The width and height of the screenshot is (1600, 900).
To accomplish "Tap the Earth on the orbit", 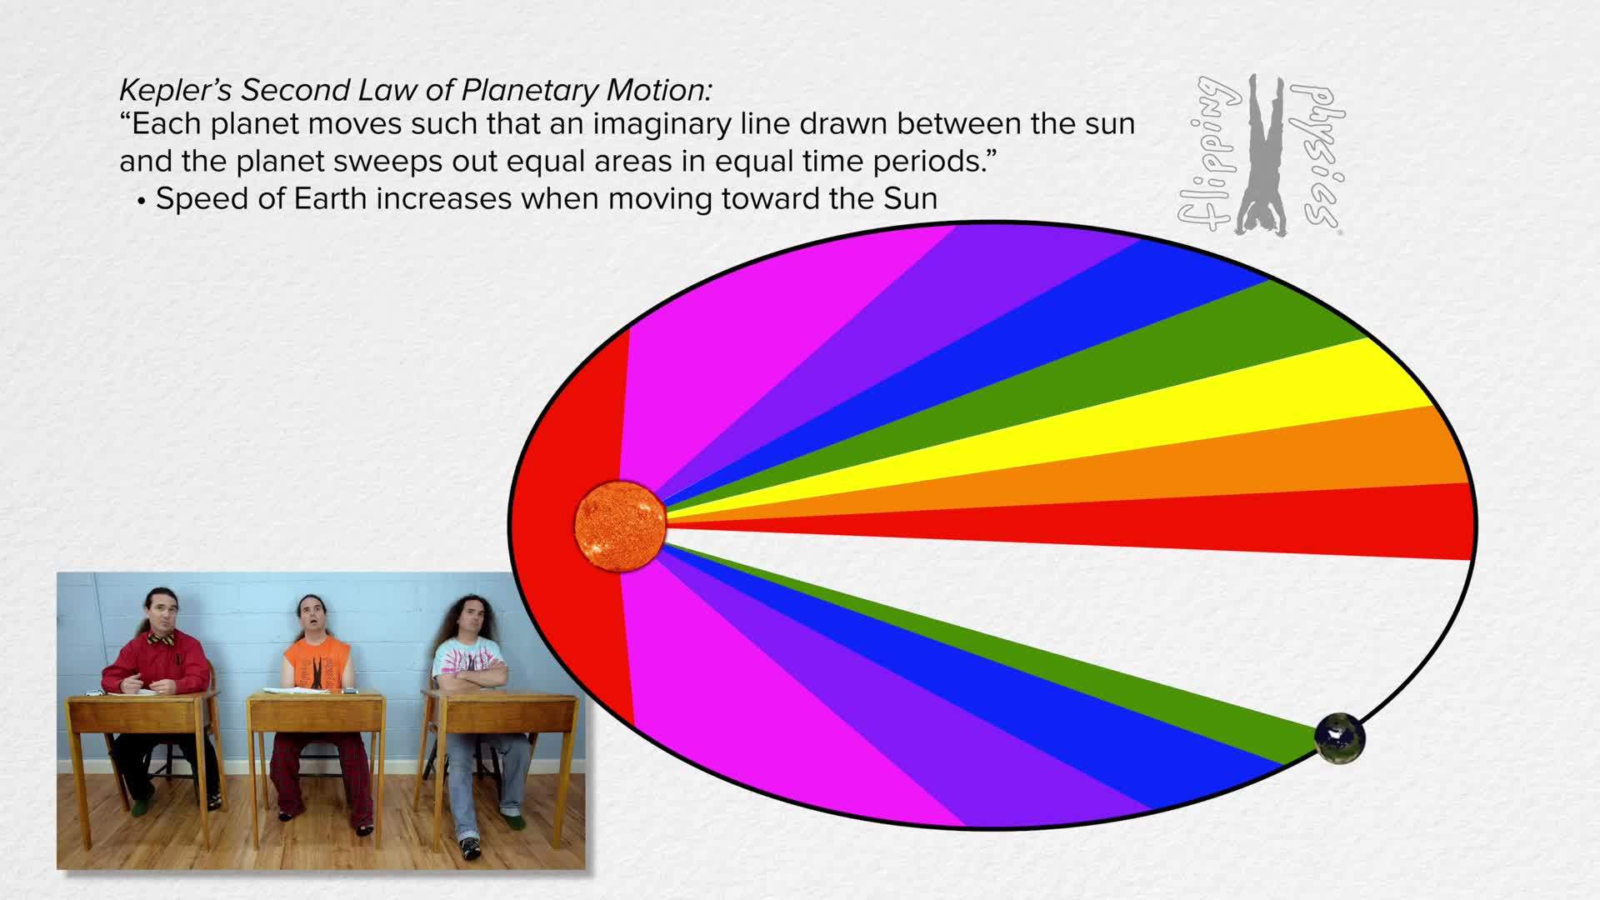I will [1339, 737].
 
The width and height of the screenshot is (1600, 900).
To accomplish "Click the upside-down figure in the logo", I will [1261, 154].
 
